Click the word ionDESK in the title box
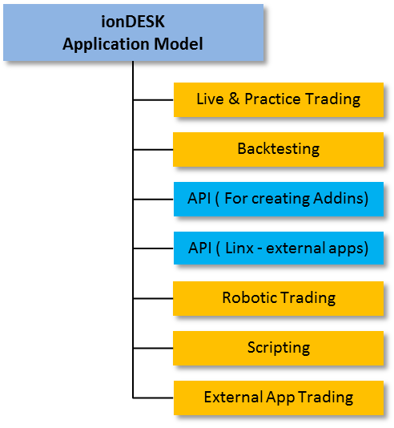pos(133,22)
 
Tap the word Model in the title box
pos(179,43)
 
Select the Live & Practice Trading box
pos(279,100)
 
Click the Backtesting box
pos(279,150)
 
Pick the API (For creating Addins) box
pos(279,200)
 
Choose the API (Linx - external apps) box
pos(279,248)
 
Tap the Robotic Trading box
pos(279,299)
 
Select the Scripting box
pos(279,349)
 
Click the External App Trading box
pos(279,398)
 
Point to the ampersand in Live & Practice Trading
pos(234,99)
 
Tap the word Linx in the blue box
pos(239,248)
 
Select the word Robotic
pos(250,297)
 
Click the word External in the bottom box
pos(233,397)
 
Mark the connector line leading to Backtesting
pos(153,150)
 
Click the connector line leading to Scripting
pos(153,349)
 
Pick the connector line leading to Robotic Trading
pos(153,299)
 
